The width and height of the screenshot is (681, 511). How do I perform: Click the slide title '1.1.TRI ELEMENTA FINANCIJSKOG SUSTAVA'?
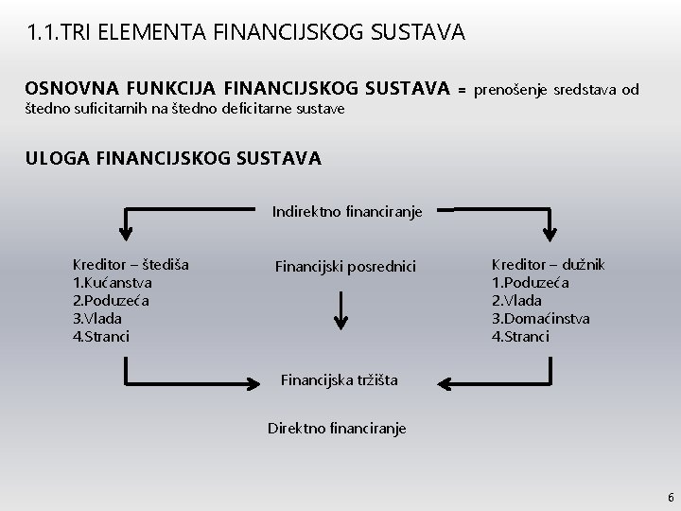pos(246,33)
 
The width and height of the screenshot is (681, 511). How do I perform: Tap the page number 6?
pos(670,497)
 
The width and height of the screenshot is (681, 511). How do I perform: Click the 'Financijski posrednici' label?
pos(344,266)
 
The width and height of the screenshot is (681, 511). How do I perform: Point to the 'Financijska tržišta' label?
pos(340,380)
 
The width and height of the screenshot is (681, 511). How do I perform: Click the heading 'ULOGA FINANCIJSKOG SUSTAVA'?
pos(174,158)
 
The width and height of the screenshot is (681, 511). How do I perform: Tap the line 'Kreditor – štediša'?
pos(131,264)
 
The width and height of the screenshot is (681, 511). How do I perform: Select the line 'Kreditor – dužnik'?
pos(548,265)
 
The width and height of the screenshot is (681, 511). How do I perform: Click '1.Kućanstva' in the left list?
pos(113,282)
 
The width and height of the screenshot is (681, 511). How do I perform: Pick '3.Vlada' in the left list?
pos(97,318)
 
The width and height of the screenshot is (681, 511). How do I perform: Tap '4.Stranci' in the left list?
pos(101,336)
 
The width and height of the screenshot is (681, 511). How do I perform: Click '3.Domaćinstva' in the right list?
pos(540,319)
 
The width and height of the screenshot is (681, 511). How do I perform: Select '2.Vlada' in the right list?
pos(516,301)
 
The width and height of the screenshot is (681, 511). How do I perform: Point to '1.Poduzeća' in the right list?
pos(530,283)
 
